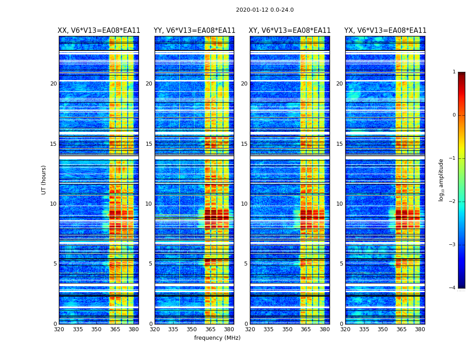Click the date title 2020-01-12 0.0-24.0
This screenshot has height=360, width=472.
[265, 10]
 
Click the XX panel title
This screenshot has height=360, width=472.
[99, 31]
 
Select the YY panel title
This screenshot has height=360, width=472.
[194, 31]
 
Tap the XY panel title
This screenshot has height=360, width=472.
[290, 31]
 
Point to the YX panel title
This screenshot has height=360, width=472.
[385, 31]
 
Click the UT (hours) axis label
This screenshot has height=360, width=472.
[44, 180]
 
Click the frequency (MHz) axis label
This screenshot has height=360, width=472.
[217, 338]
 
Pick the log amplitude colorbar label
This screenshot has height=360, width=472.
[441, 180]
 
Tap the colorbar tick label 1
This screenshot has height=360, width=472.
[454, 72]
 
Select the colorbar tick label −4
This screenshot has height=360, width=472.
[453, 288]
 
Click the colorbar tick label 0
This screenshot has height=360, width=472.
[454, 115]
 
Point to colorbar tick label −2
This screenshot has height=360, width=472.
[453, 202]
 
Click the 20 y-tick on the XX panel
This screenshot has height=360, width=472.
[53, 84]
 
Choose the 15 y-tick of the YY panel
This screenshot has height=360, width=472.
[149, 144]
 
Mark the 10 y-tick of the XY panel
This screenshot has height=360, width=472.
[244, 204]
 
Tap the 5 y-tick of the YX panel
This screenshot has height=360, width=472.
[341, 264]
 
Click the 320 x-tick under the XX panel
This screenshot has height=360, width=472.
[59, 329]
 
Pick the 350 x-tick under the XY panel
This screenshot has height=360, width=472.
[287, 329]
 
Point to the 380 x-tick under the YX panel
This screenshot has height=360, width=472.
[420, 329]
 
